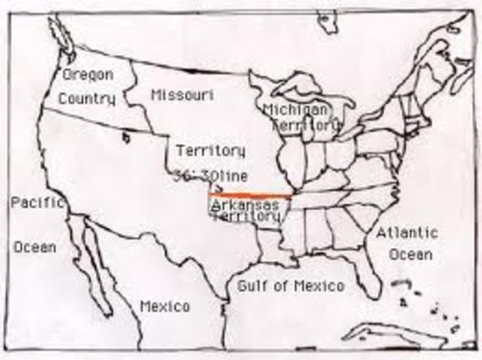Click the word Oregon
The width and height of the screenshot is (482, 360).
click(87, 75)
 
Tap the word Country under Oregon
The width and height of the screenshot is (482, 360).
click(87, 99)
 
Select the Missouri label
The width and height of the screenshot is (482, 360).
click(182, 95)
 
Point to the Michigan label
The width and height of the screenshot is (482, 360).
click(295, 110)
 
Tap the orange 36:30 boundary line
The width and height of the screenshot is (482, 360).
click(249, 194)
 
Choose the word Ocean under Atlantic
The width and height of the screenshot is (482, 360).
click(410, 255)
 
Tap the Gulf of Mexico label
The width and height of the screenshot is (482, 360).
click(291, 285)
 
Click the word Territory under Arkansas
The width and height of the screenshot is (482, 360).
click(248, 217)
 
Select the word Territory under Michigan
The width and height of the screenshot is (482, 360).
click(307, 125)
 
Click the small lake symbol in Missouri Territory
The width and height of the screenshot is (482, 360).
click(127, 137)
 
